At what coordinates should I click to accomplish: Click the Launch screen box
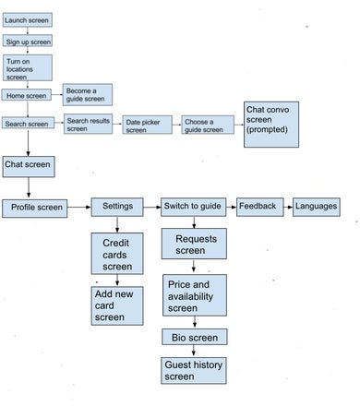click(x=28, y=20)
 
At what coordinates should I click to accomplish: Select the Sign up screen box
click(x=28, y=41)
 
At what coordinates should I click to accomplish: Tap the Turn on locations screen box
click(x=28, y=68)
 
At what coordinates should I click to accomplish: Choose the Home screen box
click(x=27, y=95)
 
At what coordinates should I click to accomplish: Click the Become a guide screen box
click(x=88, y=95)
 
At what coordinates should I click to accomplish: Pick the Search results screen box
click(x=89, y=124)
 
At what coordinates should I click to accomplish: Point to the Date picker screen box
click(x=148, y=125)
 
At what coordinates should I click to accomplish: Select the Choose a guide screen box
click(x=208, y=125)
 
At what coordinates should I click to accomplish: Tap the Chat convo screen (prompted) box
click(x=271, y=125)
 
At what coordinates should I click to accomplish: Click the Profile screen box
click(x=35, y=209)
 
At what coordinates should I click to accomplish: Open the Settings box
click(x=117, y=207)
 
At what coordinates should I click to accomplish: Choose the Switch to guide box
click(x=194, y=207)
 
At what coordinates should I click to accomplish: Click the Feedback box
click(x=260, y=207)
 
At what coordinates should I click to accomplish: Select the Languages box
click(x=317, y=207)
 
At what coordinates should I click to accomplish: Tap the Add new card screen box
click(x=117, y=306)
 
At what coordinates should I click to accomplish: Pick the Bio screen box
click(x=195, y=337)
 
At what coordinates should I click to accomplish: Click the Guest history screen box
click(x=194, y=371)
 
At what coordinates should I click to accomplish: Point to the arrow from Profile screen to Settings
click(x=79, y=207)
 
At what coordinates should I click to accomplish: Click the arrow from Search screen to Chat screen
click(x=28, y=143)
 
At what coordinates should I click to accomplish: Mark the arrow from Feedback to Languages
click(x=288, y=207)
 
